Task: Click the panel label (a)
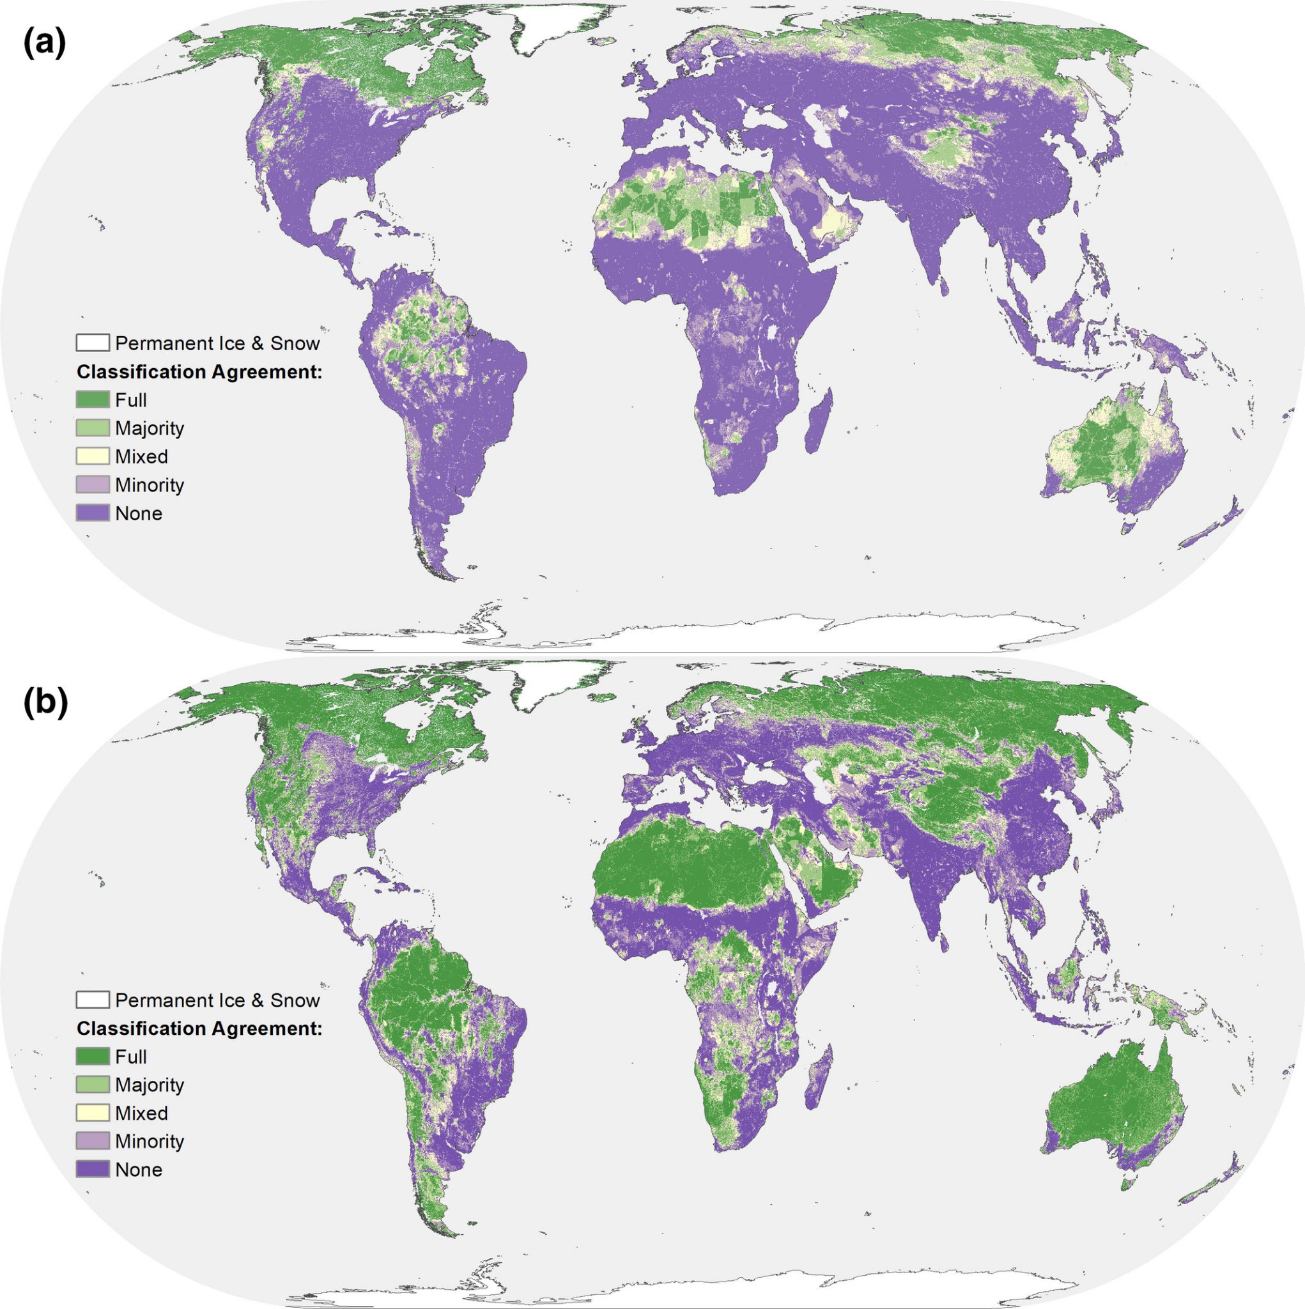44,43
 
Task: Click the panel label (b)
45,702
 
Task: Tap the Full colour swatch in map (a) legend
92,399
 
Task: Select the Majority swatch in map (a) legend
92,428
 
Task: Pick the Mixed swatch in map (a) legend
92,456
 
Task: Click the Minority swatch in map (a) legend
92,484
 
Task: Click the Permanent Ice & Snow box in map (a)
92,343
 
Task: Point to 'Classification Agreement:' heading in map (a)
199,372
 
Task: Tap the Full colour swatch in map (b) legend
92,1057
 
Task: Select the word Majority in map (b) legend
149,1085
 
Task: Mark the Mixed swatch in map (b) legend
92,1113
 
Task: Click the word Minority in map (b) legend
149,1141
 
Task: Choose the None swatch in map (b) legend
92,1170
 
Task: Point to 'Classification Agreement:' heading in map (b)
199,1028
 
